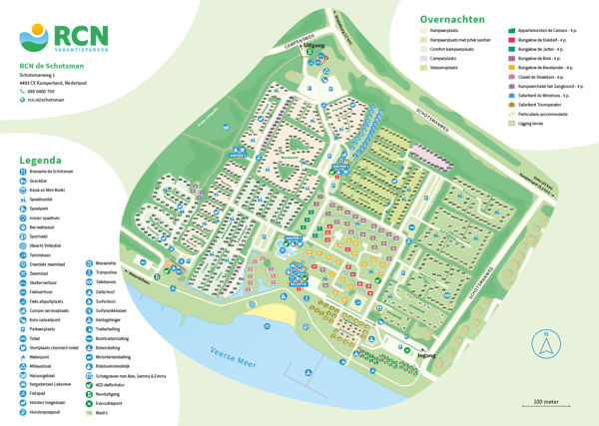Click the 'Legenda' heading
click(x=40, y=160)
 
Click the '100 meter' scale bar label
click(x=546, y=400)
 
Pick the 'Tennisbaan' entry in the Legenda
click(x=42, y=254)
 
